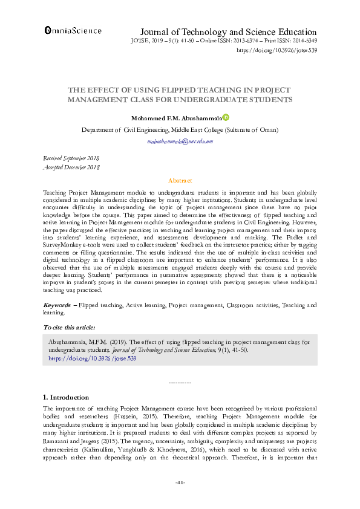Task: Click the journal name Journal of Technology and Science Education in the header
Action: click(x=228, y=32)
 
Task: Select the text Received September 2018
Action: click(x=71, y=158)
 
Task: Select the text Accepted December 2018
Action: click(x=71, y=167)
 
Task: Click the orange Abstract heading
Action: click(x=180, y=181)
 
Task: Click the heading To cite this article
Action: click(x=68, y=327)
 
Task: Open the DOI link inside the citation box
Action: click(x=92, y=358)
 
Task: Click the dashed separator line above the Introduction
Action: click(x=180, y=383)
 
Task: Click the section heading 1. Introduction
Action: click(x=66, y=397)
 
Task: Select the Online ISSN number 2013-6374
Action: click(x=249, y=41)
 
